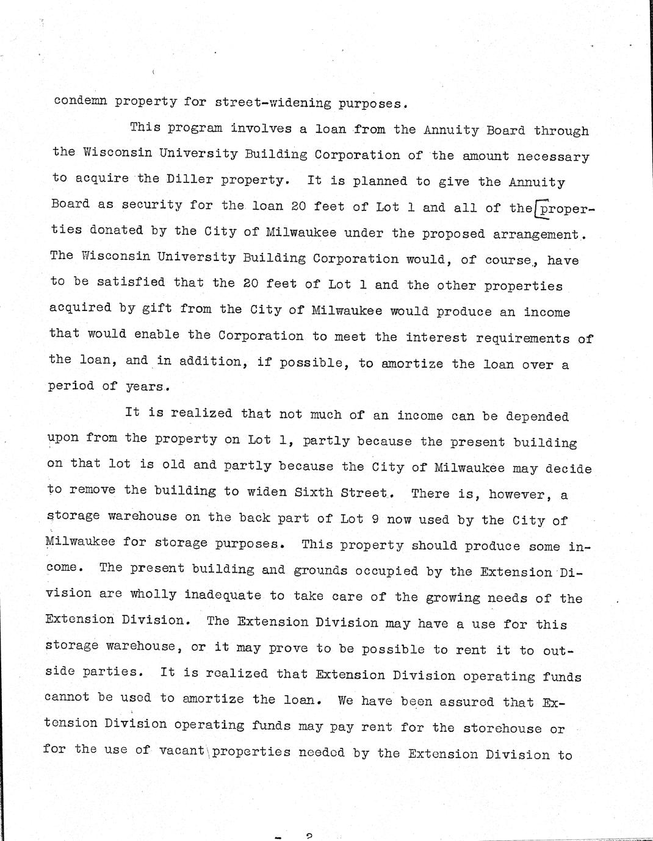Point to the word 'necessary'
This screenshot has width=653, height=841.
point(553,157)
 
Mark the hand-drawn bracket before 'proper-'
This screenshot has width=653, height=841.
point(536,210)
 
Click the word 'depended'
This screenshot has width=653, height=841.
point(539,417)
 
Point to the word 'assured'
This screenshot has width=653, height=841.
point(463,701)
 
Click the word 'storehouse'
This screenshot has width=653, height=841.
point(502,728)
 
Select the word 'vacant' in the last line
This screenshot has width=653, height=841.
point(181,751)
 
